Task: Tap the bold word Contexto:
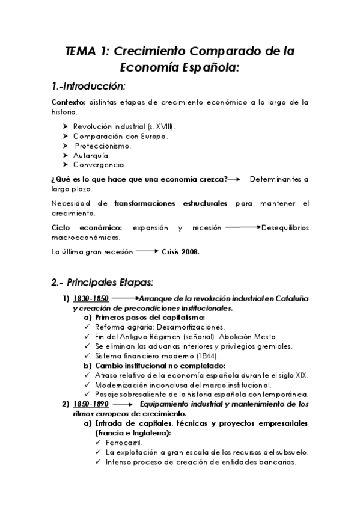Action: coord(69,102)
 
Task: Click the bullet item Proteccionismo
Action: coord(103,146)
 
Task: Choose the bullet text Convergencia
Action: coord(99,164)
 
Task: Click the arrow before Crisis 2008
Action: coord(147,253)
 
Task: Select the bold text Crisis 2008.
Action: coord(180,253)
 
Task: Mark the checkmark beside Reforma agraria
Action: coord(88,327)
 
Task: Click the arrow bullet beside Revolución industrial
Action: coord(66,127)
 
